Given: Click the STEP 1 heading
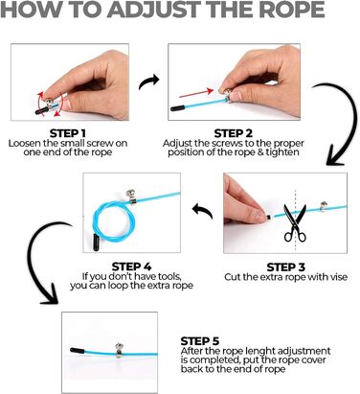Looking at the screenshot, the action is [67, 133].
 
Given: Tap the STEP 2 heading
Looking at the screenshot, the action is [233, 133].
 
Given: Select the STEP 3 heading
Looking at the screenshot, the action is [285, 267].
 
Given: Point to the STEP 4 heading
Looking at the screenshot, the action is [131, 267].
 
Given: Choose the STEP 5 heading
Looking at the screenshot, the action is [200, 341].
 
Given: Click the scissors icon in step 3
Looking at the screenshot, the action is [295, 222].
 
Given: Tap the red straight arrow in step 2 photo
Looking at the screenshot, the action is [196, 93].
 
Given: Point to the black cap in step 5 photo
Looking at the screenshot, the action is [78, 351].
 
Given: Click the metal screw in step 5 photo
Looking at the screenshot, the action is [119, 350].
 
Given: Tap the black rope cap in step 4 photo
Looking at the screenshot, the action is [96, 243].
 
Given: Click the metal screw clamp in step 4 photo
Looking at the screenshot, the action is [130, 197].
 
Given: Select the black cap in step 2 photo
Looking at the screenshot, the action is [177, 108].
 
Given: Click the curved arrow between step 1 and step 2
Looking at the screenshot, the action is [149, 81].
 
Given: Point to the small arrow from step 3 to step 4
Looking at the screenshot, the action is [202, 212].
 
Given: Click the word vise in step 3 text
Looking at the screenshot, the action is [337, 277].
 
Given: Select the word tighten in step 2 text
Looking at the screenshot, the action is [282, 152].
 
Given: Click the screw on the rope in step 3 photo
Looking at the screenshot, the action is [324, 206].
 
